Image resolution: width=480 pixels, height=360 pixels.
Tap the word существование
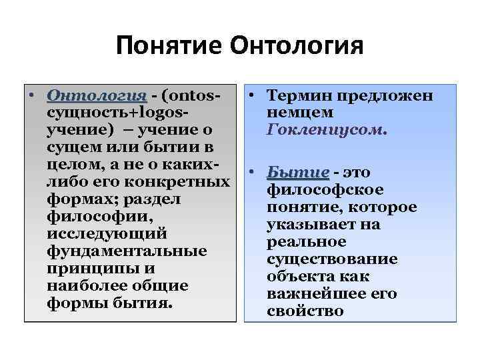tap(331, 259)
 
